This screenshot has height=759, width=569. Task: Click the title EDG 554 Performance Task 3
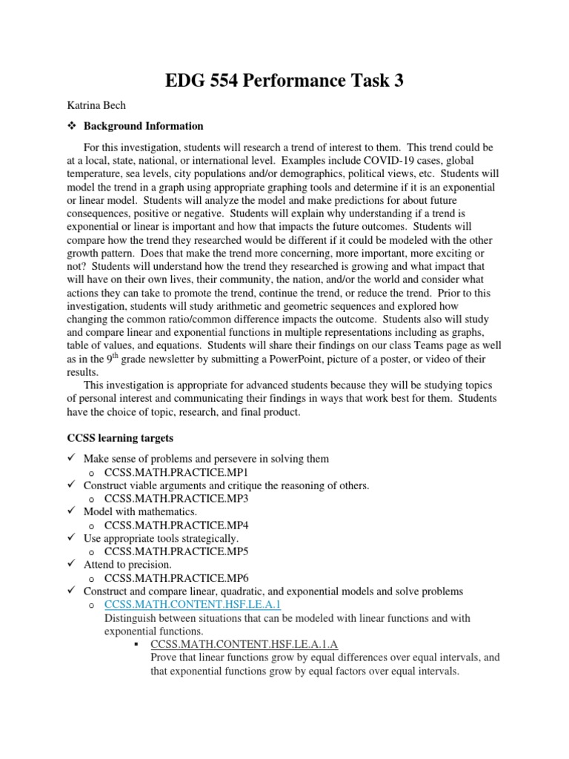[284, 81]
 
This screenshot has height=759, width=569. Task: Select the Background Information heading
[143, 126]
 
